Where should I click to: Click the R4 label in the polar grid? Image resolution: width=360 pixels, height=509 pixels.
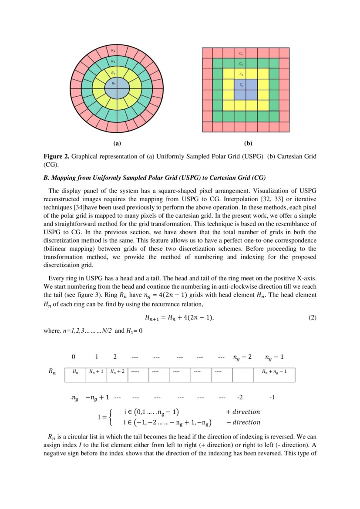pyautogui.click(x=113, y=51)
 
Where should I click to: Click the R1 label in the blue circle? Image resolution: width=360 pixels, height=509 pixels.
pyautogui.click(x=113, y=83)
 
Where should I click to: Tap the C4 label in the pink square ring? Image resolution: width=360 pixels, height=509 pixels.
pyautogui.click(x=241, y=53)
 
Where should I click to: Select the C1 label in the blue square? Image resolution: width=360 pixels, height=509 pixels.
pyautogui.click(x=241, y=85)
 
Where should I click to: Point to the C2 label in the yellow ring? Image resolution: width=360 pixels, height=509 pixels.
pyautogui.click(x=241, y=74)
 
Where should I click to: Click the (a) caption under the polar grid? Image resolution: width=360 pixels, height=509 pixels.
pyautogui.click(x=116, y=143)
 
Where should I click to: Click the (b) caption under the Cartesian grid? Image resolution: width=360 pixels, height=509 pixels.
pyautogui.click(x=248, y=143)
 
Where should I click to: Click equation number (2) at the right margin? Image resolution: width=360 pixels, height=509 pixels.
pyautogui.click(x=312, y=317)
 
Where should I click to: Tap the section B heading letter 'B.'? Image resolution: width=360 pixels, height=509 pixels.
pyautogui.click(x=46, y=178)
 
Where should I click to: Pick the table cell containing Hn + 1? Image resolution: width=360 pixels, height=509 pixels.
pyautogui.click(x=96, y=371)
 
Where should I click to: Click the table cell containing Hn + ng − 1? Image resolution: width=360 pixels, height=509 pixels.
pyautogui.click(x=274, y=371)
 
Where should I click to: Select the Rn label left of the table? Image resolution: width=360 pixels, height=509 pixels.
pyautogui.click(x=52, y=372)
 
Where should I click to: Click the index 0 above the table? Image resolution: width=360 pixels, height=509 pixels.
pyautogui.click(x=74, y=357)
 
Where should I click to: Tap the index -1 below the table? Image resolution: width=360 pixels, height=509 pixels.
pyautogui.click(x=272, y=398)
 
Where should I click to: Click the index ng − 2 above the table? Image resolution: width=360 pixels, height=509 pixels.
pyautogui.click(x=242, y=357)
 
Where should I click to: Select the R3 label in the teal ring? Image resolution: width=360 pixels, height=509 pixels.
pyautogui.click(x=113, y=61)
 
